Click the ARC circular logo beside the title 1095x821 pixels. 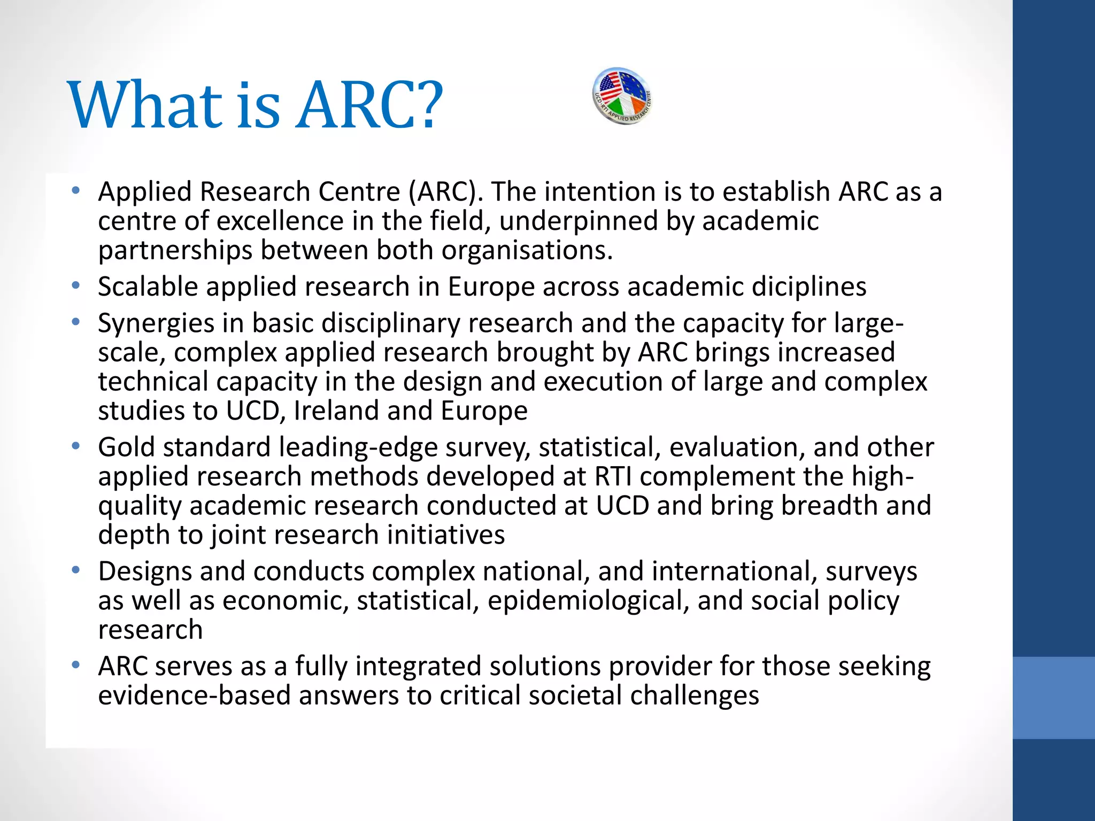click(x=622, y=96)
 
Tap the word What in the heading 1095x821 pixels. click(x=144, y=105)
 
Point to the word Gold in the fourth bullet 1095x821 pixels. click(x=126, y=447)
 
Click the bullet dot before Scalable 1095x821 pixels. click(x=76, y=286)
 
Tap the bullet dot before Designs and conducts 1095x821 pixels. click(x=76, y=570)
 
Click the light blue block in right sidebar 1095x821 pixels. click(x=1053, y=698)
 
